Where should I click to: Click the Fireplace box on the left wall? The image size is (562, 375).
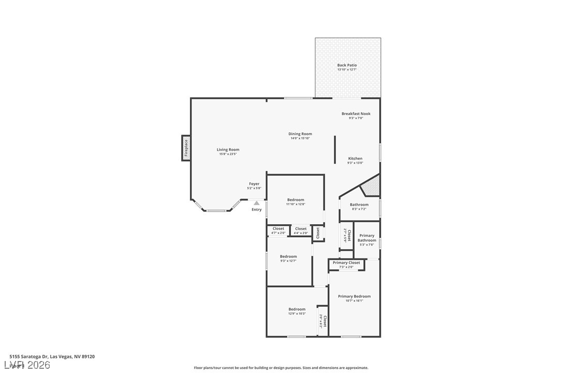(186, 148)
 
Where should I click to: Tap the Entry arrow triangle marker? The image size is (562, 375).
(257, 203)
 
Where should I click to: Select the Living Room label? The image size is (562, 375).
(228, 150)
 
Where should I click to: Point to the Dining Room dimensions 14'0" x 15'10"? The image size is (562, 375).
(300, 138)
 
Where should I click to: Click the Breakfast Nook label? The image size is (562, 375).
(356, 113)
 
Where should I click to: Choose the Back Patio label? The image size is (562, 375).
(347, 65)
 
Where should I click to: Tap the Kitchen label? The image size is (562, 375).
(355, 158)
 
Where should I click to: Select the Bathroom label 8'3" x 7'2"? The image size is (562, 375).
(359, 206)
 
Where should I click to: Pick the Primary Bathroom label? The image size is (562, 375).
(367, 238)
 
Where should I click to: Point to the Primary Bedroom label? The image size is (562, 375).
(354, 296)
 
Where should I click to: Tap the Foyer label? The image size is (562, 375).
(254, 184)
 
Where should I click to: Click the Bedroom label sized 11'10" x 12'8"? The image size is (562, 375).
(295, 200)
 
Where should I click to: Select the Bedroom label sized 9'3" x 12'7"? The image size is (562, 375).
(288, 256)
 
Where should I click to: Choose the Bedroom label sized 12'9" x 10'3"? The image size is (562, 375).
(297, 309)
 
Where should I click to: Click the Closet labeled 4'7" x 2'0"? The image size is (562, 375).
(278, 230)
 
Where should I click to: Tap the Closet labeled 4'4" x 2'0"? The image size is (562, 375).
(301, 230)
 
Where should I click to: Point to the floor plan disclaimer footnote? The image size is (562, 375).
(281, 368)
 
